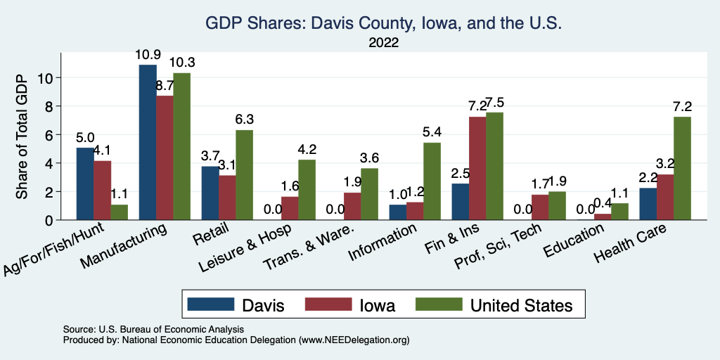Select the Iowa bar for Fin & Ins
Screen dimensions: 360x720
point(478,169)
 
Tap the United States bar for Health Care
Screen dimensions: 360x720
point(682,169)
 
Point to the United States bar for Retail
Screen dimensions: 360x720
point(244,175)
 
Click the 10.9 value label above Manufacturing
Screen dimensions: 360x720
point(148,55)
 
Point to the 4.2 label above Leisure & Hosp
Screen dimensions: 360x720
point(307,150)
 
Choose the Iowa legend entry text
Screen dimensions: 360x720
point(377,305)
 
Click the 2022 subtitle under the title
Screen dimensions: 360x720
point(383,42)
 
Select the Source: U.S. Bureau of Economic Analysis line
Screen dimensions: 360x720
point(153,329)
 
